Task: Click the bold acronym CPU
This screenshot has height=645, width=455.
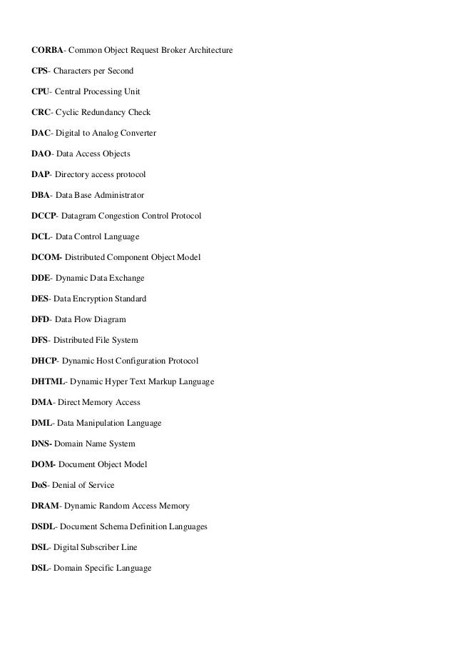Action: coord(41,92)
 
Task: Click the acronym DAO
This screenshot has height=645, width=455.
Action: coord(42,154)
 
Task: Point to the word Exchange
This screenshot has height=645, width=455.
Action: coord(126,278)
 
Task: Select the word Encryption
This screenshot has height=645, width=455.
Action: coord(91,298)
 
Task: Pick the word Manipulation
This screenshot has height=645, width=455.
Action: coord(100,422)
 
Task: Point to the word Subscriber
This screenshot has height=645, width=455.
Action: coord(103,547)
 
